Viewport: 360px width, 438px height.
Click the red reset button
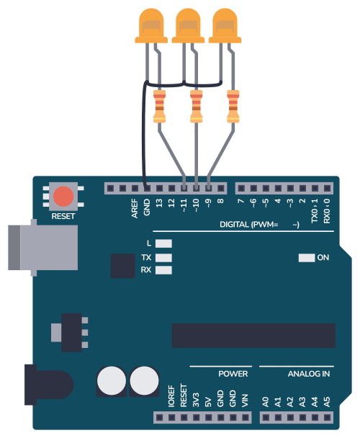(63, 197)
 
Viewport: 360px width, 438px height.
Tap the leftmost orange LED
(151, 26)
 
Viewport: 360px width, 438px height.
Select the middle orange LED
(188, 26)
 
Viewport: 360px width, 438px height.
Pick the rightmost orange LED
(225, 26)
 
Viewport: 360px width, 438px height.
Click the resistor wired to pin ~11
(159, 107)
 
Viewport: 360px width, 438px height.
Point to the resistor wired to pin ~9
(233, 107)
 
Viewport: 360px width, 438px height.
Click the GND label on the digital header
(147, 207)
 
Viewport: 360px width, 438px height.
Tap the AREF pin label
(135, 208)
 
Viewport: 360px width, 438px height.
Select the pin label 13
(159, 203)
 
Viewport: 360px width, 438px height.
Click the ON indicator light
(307, 258)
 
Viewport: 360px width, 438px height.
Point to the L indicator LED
(163, 243)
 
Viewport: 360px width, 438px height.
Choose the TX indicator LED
(163, 258)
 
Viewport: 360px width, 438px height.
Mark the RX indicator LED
(163, 270)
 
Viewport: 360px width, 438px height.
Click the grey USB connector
(43, 248)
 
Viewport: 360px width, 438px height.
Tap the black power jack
(49, 385)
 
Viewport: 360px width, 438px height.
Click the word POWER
(233, 374)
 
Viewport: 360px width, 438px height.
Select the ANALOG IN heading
(309, 374)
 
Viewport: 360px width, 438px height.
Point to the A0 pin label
(266, 402)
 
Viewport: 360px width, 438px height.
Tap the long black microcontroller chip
(253, 336)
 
